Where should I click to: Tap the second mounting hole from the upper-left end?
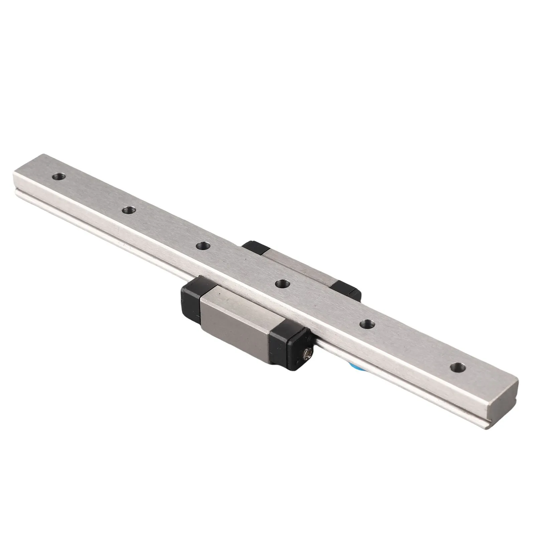click(x=128, y=211)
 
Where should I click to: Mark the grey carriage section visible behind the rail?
click(x=301, y=267)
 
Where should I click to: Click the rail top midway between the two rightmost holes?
click(x=412, y=346)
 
